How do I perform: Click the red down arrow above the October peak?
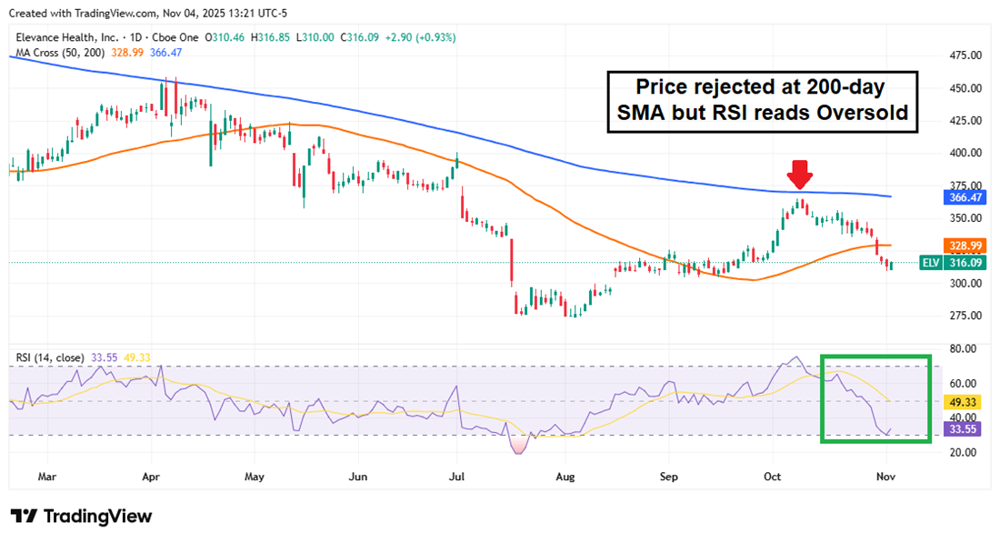click(800, 173)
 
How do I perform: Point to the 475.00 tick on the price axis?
click(964, 55)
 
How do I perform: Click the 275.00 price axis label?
click(964, 316)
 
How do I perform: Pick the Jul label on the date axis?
click(457, 476)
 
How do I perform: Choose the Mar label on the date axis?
click(47, 476)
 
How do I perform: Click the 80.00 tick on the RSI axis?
click(963, 348)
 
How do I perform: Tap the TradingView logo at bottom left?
click(81, 517)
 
